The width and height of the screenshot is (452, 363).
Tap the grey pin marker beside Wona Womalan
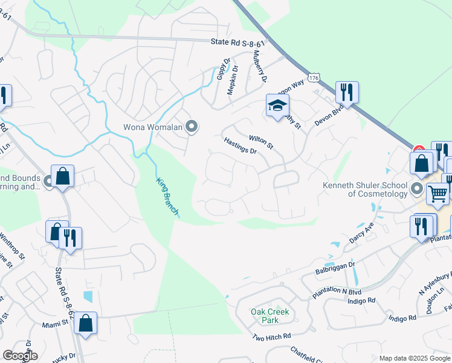192,126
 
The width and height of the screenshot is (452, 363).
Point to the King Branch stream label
167,196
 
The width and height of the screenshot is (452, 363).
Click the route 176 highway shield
312,78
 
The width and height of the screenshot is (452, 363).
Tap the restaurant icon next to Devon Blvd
347,92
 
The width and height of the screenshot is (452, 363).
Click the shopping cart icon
437,194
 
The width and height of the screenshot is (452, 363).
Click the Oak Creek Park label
270,316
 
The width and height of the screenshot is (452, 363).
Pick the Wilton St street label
262,142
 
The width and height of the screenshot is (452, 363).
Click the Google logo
20,355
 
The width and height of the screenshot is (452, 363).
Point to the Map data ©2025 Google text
414,358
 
